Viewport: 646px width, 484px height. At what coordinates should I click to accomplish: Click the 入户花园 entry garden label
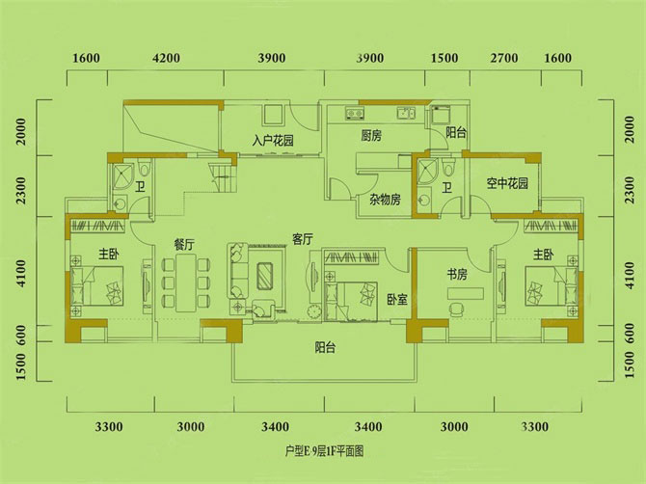coord(272,141)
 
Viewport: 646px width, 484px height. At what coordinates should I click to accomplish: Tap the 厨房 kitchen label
coord(372,136)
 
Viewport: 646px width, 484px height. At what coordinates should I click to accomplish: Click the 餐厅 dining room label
coord(185,244)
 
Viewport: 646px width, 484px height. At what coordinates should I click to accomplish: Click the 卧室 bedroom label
coord(396,300)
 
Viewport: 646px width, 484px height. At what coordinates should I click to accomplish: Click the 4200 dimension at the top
coord(167,58)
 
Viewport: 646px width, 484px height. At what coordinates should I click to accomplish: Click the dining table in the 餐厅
coord(184,285)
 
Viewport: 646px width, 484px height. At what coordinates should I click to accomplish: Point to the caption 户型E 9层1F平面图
coord(324,450)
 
